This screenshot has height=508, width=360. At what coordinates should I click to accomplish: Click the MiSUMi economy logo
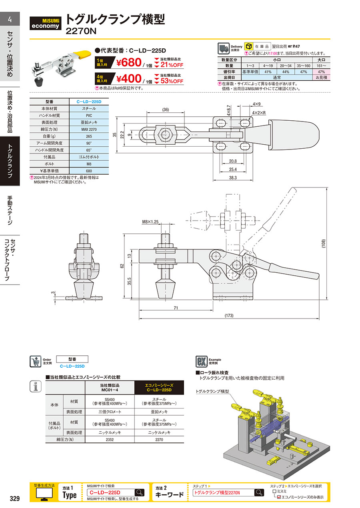click(46, 23)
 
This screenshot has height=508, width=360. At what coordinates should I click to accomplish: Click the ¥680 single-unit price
click(129, 63)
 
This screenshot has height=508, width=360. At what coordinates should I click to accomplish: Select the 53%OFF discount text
click(172, 81)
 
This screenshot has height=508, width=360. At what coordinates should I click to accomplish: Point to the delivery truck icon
click(223, 49)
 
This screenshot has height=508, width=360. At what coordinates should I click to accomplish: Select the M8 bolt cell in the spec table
click(86, 163)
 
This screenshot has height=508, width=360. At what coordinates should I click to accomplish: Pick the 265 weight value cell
click(86, 136)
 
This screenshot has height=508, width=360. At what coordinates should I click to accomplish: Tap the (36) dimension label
click(165, 110)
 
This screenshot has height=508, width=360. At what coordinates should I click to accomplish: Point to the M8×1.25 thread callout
click(150, 221)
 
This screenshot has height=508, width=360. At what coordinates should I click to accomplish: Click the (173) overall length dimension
click(229, 316)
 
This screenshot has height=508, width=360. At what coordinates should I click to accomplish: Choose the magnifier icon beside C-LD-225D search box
click(139, 492)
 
